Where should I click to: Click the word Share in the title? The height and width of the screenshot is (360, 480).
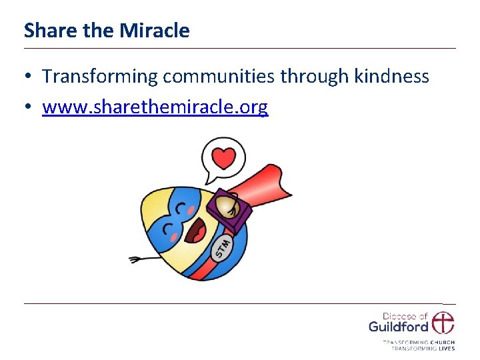pos(45,31)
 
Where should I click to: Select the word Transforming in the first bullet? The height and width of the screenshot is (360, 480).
pos(100,77)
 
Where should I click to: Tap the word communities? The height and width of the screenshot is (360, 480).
pos(219,77)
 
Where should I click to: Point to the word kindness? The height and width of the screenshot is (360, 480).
pos(391,77)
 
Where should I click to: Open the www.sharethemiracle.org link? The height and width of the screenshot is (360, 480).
pos(155,107)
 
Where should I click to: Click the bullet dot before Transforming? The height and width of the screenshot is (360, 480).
pos(29,77)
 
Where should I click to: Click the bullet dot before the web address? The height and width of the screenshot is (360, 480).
pos(29,107)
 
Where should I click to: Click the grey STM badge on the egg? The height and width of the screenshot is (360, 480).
pos(223,247)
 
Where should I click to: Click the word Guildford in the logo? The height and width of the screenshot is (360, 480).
pos(398,327)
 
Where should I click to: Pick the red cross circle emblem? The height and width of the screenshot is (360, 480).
pos(442,323)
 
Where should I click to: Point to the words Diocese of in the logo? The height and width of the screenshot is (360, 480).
pos(404,316)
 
